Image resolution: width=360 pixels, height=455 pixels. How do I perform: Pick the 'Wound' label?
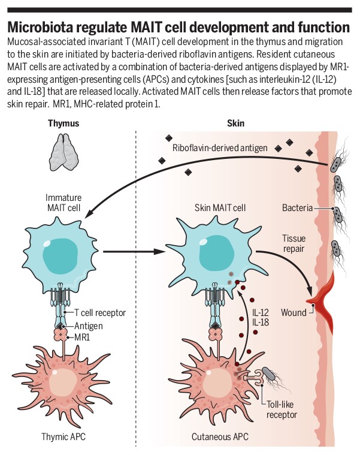pyautogui.click(x=294, y=312)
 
